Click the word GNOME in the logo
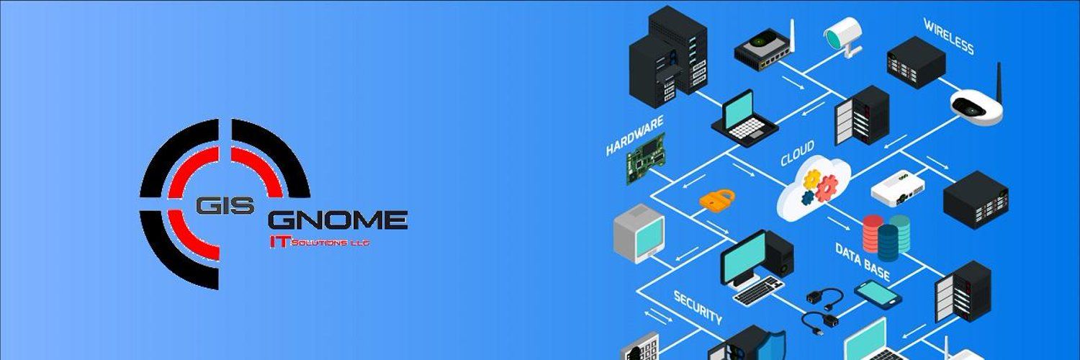(x=338, y=220)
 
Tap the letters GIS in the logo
(x=224, y=206)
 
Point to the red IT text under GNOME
(x=279, y=243)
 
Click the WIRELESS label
(x=949, y=36)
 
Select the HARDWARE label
(x=634, y=135)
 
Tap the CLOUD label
(x=798, y=153)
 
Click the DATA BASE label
(x=863, y=261)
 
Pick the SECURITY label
(x=698, y=307)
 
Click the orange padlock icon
(x=717, y=199)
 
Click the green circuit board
(x=646, y=158)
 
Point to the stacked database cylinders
(x=886, y=237)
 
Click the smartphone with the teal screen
(x=878, y=294)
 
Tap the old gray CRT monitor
(x=639, y=233)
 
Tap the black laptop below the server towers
(x=744, y=119)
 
